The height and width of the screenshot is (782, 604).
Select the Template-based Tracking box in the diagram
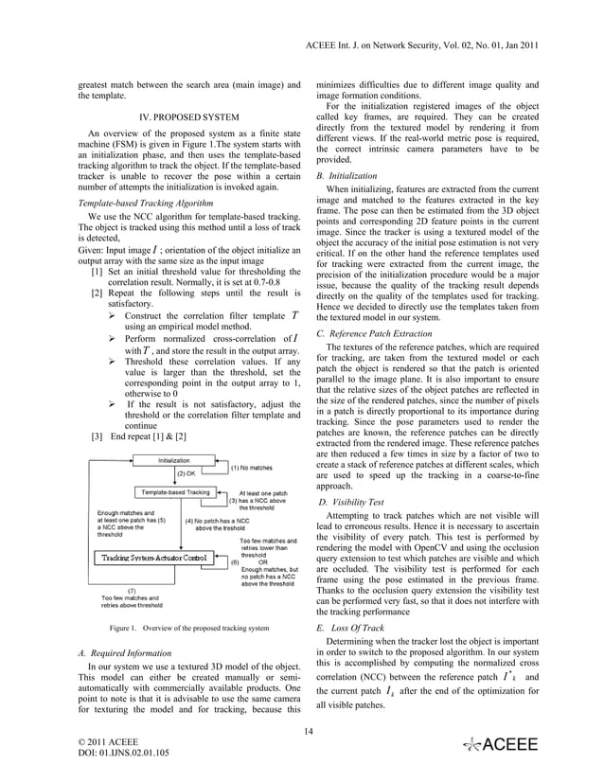(x=176, y=492)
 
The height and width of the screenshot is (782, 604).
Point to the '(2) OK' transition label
(x=186, y=473)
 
